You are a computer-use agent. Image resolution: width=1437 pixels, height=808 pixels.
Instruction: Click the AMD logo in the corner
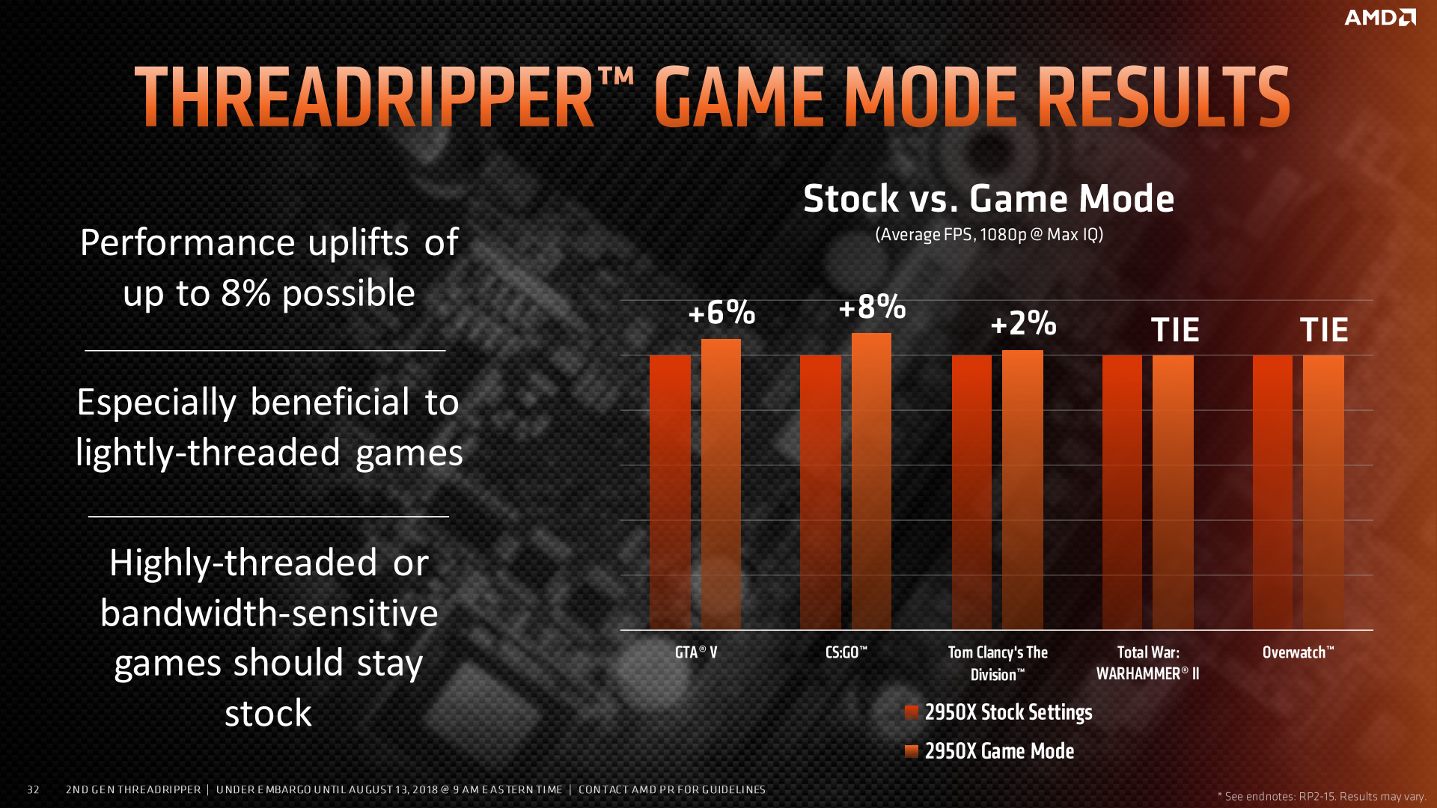coord(1379,17)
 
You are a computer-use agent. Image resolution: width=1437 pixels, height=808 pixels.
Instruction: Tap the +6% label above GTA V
coord(721,313)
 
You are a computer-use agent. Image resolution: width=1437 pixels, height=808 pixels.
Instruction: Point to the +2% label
coord(1023,324)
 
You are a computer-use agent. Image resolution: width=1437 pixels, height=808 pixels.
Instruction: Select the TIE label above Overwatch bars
coord(1324,330)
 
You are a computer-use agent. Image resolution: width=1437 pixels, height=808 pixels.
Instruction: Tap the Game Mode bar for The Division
coord(1022,490)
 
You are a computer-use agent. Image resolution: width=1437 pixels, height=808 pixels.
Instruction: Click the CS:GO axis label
coord(846,652)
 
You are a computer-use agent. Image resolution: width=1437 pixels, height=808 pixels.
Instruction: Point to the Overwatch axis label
coord(1298,652)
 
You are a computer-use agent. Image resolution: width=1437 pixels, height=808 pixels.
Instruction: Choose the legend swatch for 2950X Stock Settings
coord(912,712)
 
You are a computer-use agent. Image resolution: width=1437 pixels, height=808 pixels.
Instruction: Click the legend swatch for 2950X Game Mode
coord(912,751)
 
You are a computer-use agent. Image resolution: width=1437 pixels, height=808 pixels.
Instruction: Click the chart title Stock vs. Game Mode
coord(989,199)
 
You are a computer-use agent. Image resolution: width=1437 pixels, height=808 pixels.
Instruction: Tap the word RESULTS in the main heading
coord(1163,98)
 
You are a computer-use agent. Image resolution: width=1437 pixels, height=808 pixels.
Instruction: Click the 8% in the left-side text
coord(245,293)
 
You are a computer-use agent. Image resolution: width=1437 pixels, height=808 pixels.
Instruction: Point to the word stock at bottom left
coord(268,714)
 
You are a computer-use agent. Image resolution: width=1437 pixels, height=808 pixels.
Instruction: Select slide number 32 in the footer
coord(33,789)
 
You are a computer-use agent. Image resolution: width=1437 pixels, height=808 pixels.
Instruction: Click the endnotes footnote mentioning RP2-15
coord(1321,796)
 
